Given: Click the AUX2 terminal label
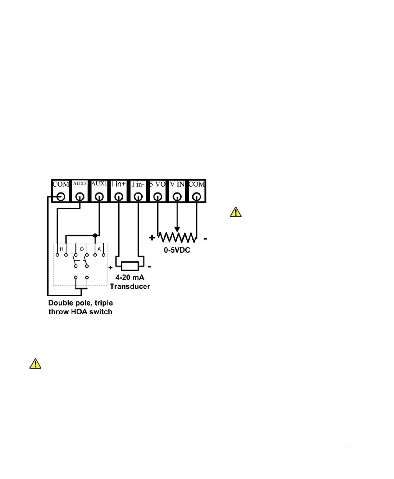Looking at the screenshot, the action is [80, 184].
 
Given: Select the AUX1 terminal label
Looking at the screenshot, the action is [99, 184].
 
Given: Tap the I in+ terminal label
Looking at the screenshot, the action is [118, 184].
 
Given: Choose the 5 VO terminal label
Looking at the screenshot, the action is [158, 184].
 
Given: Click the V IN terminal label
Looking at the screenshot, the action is [177, 184].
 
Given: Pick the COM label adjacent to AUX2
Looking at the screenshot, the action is [61, 184].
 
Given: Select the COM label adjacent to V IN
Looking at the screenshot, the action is [196, 184].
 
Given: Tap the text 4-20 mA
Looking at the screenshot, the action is [129, 278].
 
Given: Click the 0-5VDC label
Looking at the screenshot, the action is [177, 250].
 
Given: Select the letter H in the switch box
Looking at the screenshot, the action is [62, 249].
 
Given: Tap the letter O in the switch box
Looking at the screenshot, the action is [81, 249].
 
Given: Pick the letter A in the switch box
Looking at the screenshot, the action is [99, 249].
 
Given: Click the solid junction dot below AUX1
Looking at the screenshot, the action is [95, 236].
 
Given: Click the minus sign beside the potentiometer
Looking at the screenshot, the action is [205, 238].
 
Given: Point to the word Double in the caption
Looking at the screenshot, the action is [60, 303].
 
